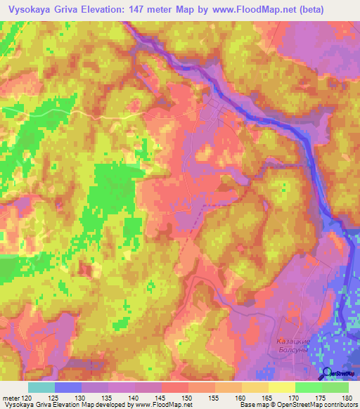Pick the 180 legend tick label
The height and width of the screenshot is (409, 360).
coord(347,397)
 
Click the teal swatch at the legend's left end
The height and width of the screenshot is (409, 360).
coord(41,387)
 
